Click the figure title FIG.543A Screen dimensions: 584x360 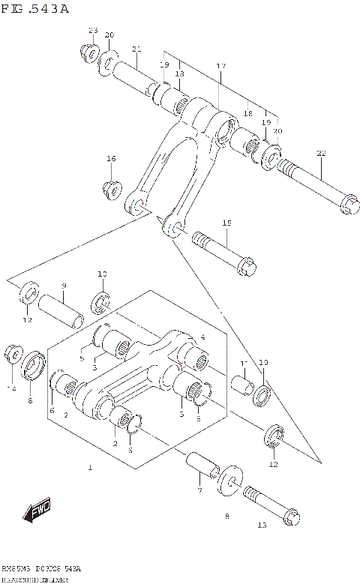tap(35, 8)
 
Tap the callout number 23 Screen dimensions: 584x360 tap(93, 31)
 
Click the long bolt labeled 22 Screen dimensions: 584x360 tap(316, 183)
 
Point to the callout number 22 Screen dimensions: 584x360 tap(320, 154)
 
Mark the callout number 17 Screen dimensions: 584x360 tap(220, 67)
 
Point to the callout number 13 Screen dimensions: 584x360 tap(261, 526)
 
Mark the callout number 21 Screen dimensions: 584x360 tap(136, 49)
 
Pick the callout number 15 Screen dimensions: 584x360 tap(226, 223)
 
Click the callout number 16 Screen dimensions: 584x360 tap(111, 158)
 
